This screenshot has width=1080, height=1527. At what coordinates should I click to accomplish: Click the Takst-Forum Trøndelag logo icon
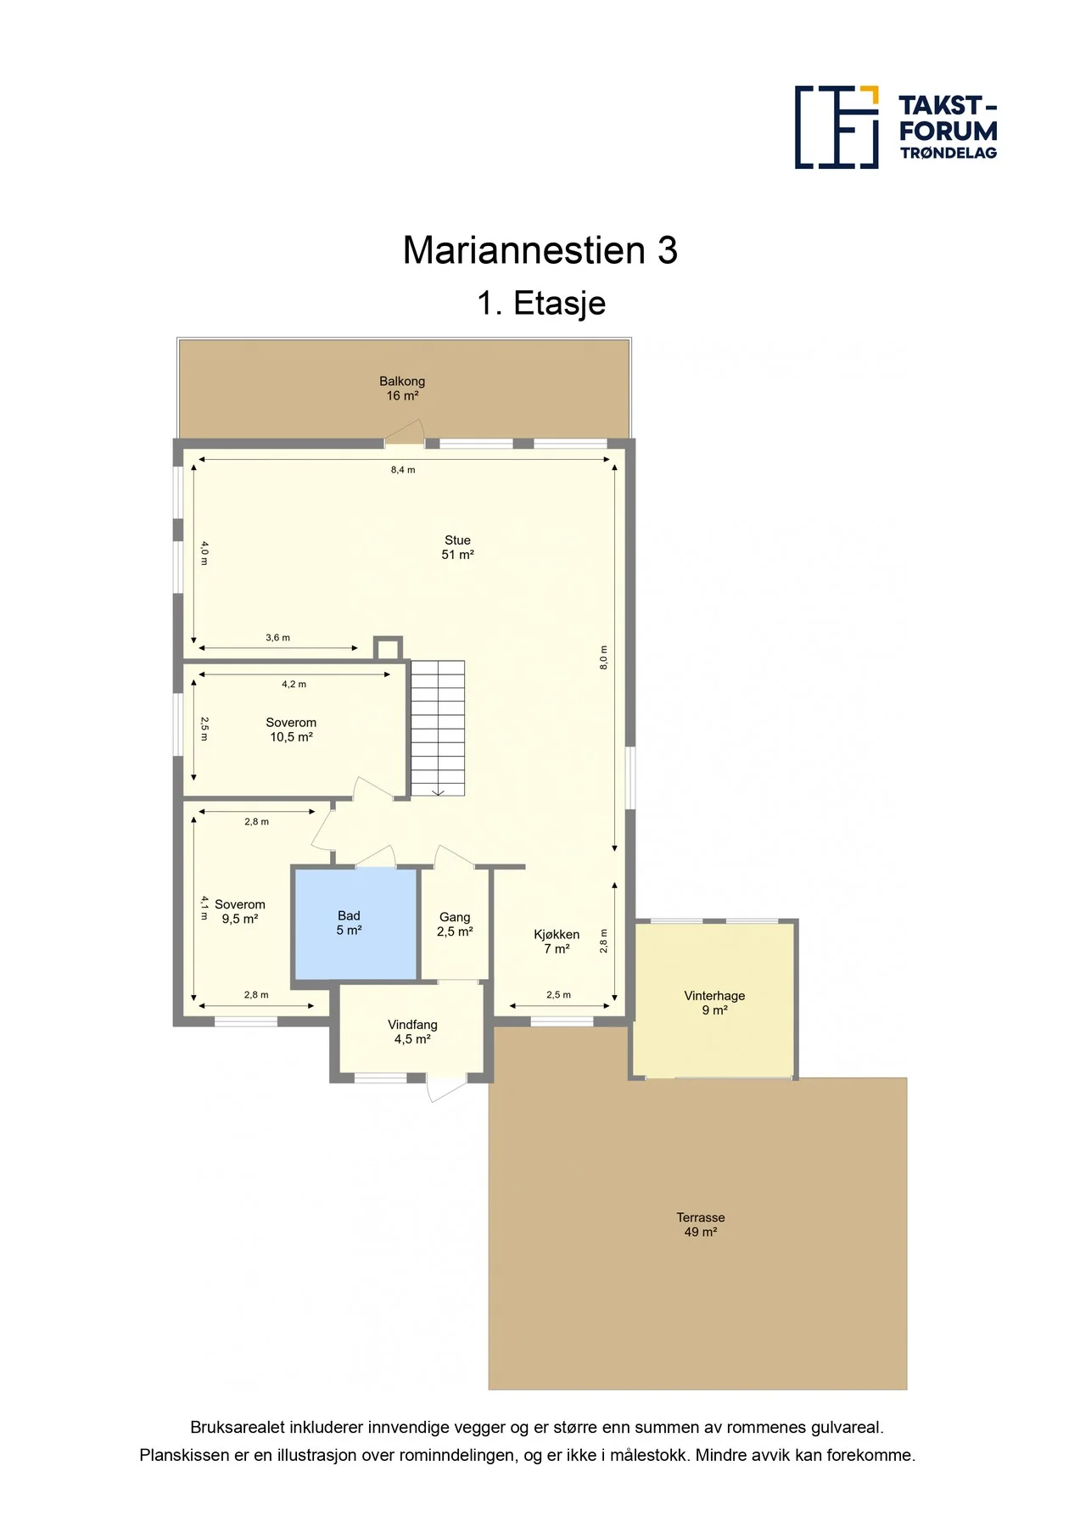coord(837,127)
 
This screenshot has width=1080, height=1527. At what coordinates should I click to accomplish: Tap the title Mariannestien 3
coord(540,250)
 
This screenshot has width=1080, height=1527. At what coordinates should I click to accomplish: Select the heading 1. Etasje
coord(541,304)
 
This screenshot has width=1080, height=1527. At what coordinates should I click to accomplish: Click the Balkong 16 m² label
coord(402,389)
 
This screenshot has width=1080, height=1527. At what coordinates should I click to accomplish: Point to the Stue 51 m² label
coord(457,547)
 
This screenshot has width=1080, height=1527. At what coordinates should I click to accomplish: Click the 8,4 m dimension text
coord(403,470)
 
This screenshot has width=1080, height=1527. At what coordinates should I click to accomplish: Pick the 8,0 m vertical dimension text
coord(604,658)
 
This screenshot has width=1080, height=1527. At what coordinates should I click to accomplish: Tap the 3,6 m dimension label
coord(277,638)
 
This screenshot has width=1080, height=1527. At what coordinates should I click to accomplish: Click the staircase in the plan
coord(438,728)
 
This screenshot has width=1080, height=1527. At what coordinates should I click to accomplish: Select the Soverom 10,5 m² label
coord(291,730)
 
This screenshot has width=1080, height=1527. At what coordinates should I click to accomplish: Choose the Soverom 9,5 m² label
coord(240,911)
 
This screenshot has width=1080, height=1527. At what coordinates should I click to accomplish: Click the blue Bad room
coord(355,924)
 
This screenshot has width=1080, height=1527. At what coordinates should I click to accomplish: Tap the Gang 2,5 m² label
coord(455,924)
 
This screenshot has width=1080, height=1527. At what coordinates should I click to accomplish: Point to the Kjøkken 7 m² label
coord(557,942)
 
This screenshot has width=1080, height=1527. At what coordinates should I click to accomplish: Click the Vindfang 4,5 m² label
coord(412,1032)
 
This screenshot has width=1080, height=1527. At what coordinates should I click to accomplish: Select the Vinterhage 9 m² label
coord(714,1003)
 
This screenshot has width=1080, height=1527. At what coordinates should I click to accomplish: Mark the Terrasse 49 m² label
coord(701,1225)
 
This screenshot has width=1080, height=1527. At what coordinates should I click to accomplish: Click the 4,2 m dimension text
coord(294,685)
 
